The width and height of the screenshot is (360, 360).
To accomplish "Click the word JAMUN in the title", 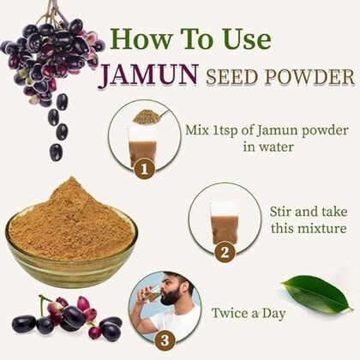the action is pyautogui.click(x=148, y=75).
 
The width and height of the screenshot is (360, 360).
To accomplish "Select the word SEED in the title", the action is pyautogui.click(x=231, y=76).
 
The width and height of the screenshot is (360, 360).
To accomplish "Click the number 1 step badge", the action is pyautogui.click(x=145, y=169).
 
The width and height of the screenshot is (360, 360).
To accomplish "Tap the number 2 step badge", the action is pyautogui.click(x=225, y=252).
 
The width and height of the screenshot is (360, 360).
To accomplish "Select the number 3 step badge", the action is pyautogui.click(x=165, y=340).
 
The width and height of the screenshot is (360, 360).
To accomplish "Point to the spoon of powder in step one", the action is pyautogui.click(x=151, y=116).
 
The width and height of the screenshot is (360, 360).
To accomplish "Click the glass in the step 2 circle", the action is pyautogui.click(x=225, y=224).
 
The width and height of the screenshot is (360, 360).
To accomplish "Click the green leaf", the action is pyautogui.click(x=317, y=294).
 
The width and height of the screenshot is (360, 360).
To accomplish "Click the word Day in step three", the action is pyautogui.click(x=274, y=314).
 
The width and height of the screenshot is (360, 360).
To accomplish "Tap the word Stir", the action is pyautogui.click(x=281, y=212).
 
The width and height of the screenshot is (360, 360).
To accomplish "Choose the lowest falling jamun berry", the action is pyautogui.click(x=56, y=152).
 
